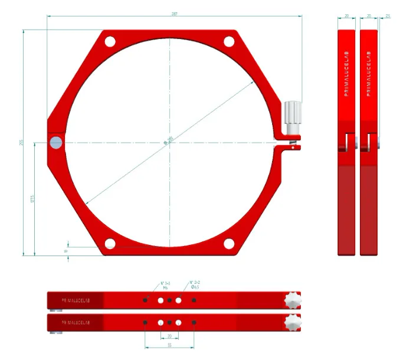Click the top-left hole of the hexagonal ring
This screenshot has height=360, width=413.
(x=110, y=42)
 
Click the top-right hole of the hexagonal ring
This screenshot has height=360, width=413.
(x=229, y=42)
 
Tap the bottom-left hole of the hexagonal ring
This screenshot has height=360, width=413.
(x=110, y=244)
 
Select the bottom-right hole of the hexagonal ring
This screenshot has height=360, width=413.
(x=229, y=244)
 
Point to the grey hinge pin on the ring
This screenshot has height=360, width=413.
(x=56, y=142)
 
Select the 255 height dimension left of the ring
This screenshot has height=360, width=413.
(x=22, y=143)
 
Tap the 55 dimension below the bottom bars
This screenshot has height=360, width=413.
(x=169, y=344)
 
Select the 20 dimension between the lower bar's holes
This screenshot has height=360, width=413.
(x=169, y=335)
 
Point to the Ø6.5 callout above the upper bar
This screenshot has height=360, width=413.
(x=195, y=287)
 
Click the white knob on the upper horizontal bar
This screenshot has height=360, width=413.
(x=293, y=300)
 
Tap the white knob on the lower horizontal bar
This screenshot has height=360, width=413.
(x=293, y=322)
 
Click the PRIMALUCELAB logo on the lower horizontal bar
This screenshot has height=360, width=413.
(x=76, y=322)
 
